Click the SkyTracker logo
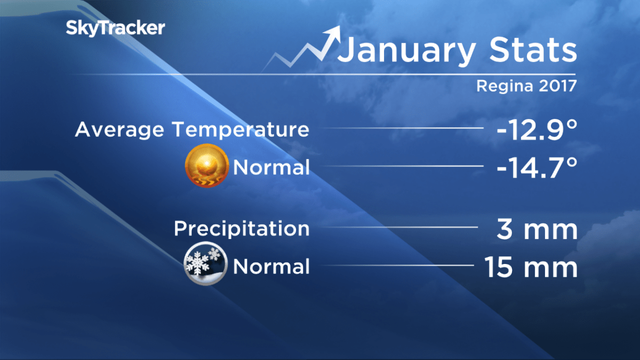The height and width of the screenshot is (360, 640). pos(115,28)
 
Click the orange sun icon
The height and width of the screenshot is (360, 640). pos(207,166)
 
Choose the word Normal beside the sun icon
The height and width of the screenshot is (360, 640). pos(271,168)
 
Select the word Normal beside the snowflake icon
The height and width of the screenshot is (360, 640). pos(271,266)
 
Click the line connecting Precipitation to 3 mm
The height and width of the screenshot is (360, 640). pos(400,228)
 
